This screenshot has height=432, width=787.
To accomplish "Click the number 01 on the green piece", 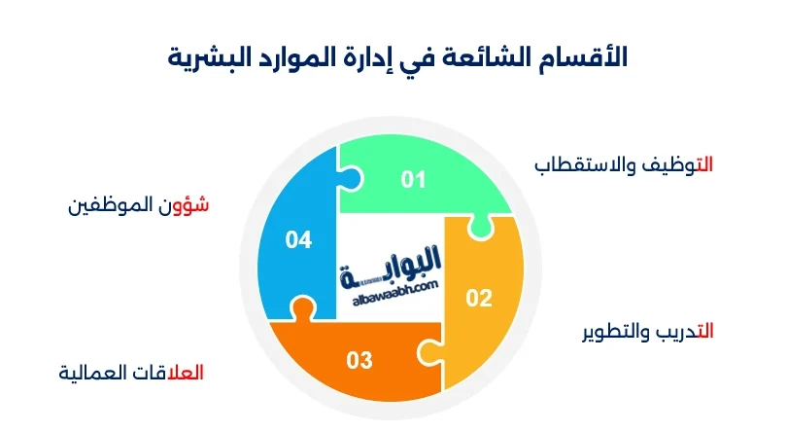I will click(414, 179).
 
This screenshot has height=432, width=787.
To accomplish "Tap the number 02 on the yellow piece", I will click(479, 299).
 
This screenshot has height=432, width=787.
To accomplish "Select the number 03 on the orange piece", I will click(359, 361).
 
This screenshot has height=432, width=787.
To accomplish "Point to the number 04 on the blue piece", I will click(298, 239).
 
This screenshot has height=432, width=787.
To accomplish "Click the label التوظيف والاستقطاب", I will click(624, 164).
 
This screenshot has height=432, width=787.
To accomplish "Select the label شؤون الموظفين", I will click(139, 206).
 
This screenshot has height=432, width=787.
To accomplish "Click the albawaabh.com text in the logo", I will click(392, 284).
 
